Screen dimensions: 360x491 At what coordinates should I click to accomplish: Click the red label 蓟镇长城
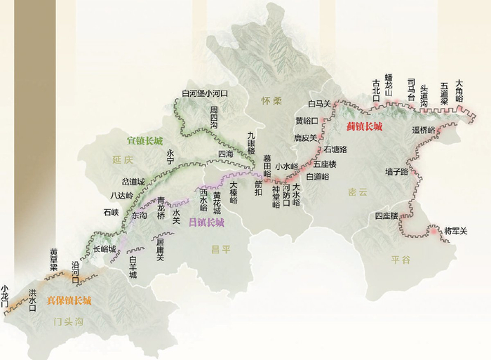pos(365,127)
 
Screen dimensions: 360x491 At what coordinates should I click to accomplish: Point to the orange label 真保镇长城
pos(69,300)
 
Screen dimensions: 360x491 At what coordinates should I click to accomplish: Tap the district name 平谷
pos(401,259)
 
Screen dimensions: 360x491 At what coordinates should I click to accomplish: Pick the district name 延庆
pos(122,160)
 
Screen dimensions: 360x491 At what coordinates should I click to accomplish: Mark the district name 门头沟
pos(69,322)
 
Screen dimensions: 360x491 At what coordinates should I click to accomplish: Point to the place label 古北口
pos(376,91)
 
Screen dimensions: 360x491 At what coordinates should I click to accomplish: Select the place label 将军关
pos(456,230)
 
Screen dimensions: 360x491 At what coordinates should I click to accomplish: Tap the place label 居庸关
pos(159,250)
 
